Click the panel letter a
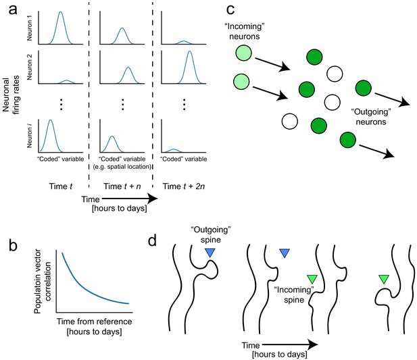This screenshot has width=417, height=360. [x=13, y=10]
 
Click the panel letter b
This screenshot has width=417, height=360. [x=13, y=245]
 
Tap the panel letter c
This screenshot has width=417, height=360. [x=230, y=10]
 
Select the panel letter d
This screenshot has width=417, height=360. [x=152, y=240]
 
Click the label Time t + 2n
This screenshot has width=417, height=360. [x=184, y=186]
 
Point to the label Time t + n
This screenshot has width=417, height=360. [x=122, y=186]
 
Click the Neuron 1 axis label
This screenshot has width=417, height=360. [x=30, y=28]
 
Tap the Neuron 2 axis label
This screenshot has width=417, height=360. [x=30, y=67]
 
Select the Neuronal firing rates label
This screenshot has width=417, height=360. [x=11, y=96]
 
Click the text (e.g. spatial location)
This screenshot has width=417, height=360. [x=122, y=167]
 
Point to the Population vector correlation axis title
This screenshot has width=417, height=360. [x=43, y=282]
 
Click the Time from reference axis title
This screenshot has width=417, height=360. [x=95, y=322]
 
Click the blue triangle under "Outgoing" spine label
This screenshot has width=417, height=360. [x=210, y=253]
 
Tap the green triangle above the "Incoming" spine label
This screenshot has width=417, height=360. [x=312, y=279]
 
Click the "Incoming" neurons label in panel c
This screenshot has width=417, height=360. [x=245, y=31]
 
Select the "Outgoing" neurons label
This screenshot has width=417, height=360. [x=371, y=117]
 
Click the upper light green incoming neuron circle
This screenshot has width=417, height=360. [x=243, y=53]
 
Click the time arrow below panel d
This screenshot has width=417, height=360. [x=290, y=345]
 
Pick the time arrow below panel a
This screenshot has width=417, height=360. [x=130, y=199]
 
